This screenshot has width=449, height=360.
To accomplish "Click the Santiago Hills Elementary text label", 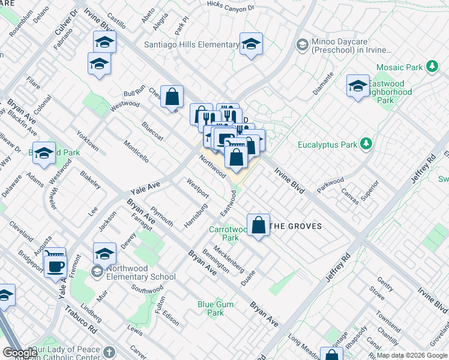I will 191,44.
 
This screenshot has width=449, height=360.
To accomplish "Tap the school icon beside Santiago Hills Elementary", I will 251,44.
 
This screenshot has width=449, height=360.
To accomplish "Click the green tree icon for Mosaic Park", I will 431,66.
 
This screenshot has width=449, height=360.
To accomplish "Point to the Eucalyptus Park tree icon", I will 365,144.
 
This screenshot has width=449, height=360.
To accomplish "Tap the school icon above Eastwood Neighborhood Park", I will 358,85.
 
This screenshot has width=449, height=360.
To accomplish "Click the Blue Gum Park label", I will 215,308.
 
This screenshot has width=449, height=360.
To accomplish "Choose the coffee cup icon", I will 55,266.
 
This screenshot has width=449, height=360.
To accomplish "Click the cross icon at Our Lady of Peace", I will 109,352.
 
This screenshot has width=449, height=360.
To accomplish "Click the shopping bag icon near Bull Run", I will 172,97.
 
